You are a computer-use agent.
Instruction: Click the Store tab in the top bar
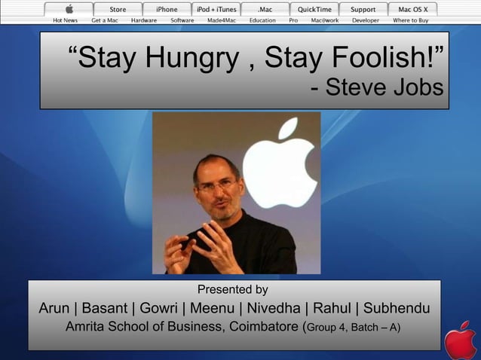pyautogui.click(x=118, y=9)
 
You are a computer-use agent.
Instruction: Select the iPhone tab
pyautogui.click(x=167, y=9)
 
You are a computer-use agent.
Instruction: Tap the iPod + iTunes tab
pyautogui.click(x=216, y=9)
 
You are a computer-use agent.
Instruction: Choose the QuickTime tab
pyautogui.click(x=314, y=9)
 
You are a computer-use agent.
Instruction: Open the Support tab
pyautogui.click(x=363, y=9)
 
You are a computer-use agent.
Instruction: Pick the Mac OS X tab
pyautogui.click(x=412, y=9)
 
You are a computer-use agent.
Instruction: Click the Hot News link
pyautogui.click(x=65, y=20)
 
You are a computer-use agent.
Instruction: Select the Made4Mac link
pyautogui.click(x=222, y=20)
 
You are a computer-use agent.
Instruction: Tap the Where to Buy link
pyautogui.click(x=410, y=20)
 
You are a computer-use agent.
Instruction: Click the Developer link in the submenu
pyautogui.click(x=366, y=20)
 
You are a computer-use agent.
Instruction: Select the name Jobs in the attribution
pyautogui.click(x=418, y=88)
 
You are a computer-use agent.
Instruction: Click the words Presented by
pyautogui.click(x=232, y=290)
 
